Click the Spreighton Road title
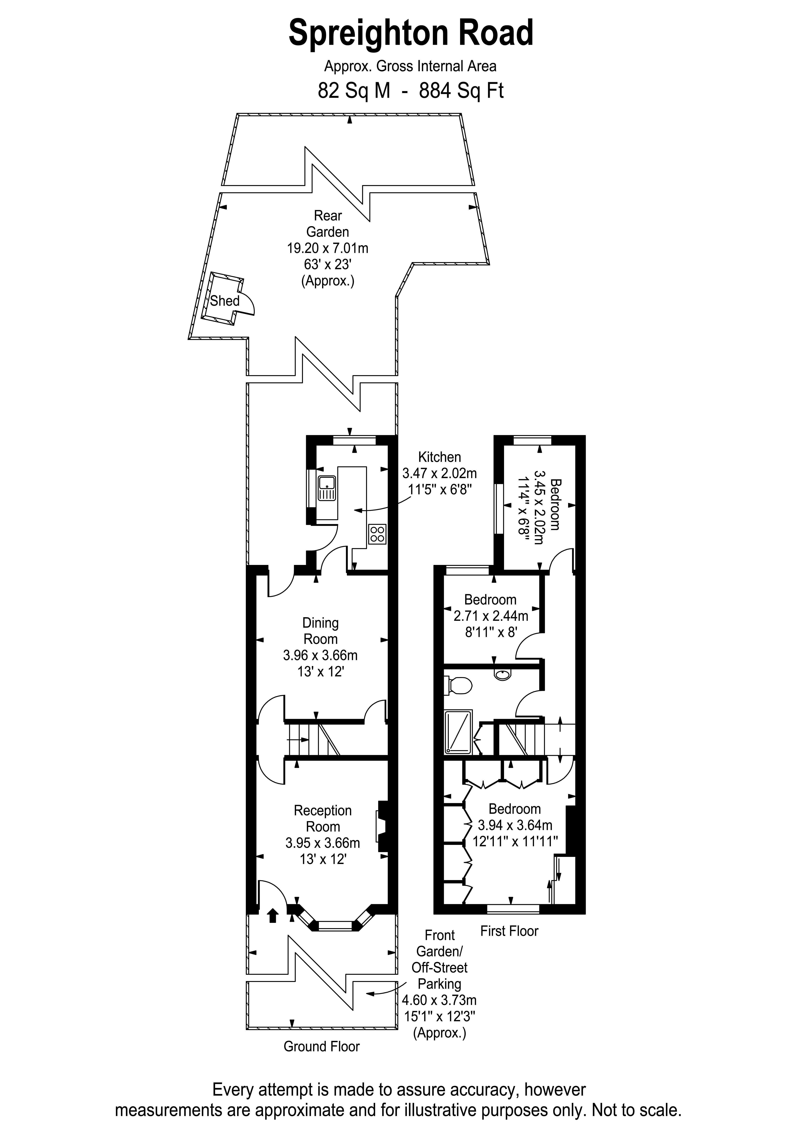tap(411, 33)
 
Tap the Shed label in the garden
tap(225, 301)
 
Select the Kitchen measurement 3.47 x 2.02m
tap(440, 473)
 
